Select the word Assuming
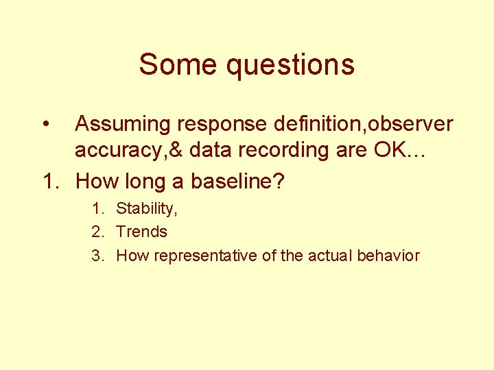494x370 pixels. (121, 125)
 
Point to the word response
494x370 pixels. (218, 125)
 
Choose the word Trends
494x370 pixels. (142, 232)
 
